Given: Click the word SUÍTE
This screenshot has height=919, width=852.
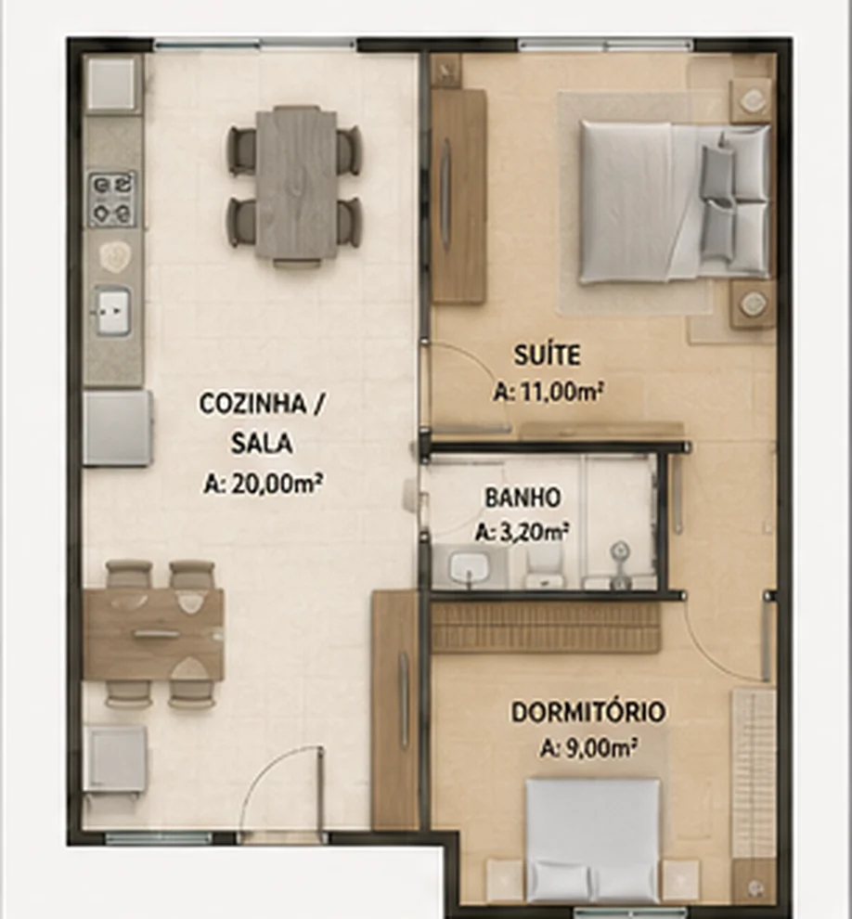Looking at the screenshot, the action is (548, 355).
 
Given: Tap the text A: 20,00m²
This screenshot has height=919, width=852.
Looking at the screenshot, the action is (263, 484).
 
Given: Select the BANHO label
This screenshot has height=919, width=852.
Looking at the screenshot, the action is (523, 498).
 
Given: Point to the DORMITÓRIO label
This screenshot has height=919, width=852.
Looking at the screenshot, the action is (588, 712).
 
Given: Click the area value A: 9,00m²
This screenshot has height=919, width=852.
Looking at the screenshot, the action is (588, 748).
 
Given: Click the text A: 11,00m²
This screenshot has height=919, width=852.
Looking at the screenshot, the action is (548, 392).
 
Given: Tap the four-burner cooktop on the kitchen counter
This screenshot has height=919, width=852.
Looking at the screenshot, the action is (112, 200).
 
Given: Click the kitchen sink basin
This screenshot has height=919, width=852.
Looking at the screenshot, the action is (112, 311).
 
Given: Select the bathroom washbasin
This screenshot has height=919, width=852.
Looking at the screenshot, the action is (469, 567).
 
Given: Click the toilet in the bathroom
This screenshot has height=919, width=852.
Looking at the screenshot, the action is (545, 570).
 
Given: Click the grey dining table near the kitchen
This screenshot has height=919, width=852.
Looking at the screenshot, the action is (296, 185).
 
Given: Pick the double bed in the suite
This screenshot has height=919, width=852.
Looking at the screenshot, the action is (675, 202).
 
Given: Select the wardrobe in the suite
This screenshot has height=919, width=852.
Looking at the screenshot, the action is (458, 197).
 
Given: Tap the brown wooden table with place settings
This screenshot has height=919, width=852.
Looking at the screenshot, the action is (153, 635).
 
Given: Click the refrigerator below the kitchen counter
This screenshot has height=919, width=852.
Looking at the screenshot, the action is (117, 429).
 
